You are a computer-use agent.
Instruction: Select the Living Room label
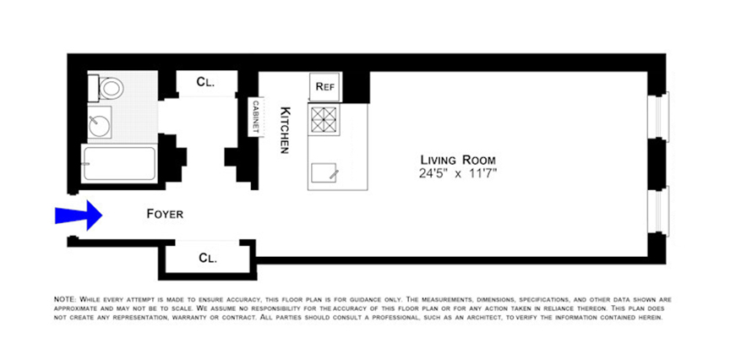[x=457, y=160]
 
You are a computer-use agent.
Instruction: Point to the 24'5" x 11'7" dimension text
[x=457, y=174]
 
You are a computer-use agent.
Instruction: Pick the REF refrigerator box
[x=326, y=86]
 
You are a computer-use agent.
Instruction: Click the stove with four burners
[x=324, y=121]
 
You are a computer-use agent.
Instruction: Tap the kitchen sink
[x=325, y=173]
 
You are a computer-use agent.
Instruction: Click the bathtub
[x=119, y=163]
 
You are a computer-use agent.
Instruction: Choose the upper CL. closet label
[x=205, y=82]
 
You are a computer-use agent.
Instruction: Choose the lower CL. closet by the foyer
[x=207, y=259]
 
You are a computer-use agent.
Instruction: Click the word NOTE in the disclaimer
[x=64, y=300]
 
